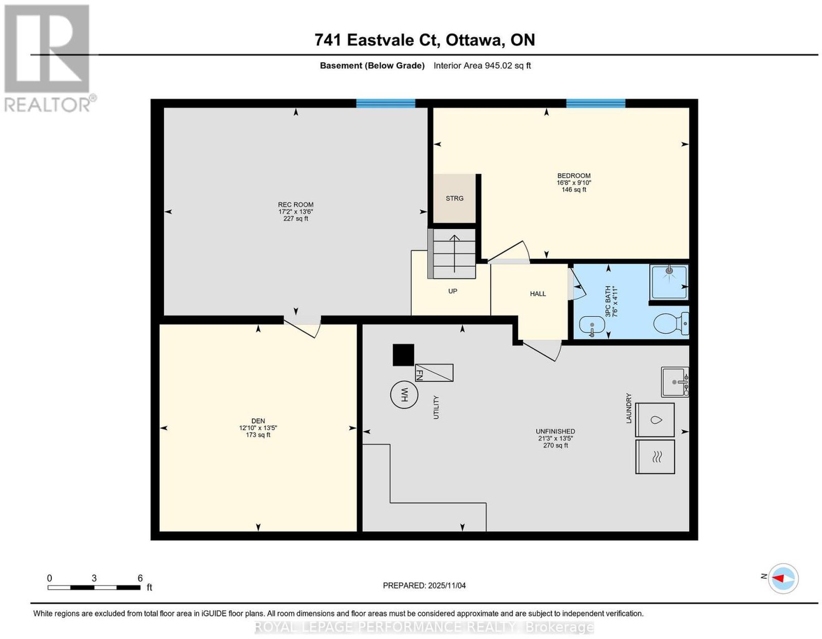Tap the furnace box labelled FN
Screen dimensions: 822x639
pos(434,373)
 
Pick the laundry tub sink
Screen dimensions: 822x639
pos(675,382)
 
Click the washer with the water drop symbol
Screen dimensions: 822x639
pos(655,420)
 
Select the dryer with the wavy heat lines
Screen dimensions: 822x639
pos(655,457)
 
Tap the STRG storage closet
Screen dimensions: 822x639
pos(454,198)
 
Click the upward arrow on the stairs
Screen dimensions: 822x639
pos(454,253)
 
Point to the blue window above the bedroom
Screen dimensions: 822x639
pos(596,103)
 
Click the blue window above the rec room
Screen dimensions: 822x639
pos(386,103)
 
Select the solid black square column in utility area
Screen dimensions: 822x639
pos(403,355)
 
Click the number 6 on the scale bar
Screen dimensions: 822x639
pos(140,578)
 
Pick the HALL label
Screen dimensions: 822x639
pos(538,294)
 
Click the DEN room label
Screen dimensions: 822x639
pos(258,421)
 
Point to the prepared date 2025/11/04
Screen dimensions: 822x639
pos(447,586)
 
